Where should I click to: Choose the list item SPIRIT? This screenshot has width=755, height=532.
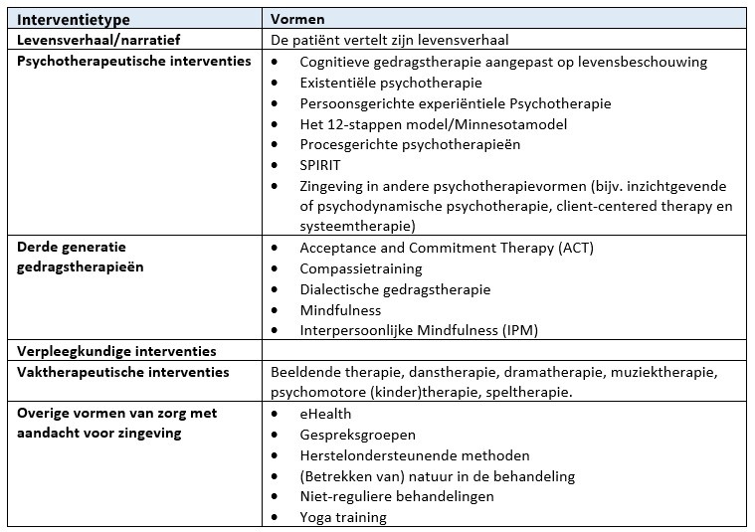tap(320, 165)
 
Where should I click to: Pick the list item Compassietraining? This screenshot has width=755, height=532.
tap(361, 268)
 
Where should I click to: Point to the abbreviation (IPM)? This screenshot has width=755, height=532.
tap(519, 330)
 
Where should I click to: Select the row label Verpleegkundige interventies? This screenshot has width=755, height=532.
tap(117, 351)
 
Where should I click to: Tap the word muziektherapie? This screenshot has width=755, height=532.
tap(668, 372)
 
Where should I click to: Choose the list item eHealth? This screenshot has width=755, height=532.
tap(325, 413)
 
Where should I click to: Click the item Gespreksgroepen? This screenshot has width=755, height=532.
tap(358, 435)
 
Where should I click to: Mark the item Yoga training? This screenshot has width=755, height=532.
tap(343, 517)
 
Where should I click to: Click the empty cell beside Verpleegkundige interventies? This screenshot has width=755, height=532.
tap(504, 351)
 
